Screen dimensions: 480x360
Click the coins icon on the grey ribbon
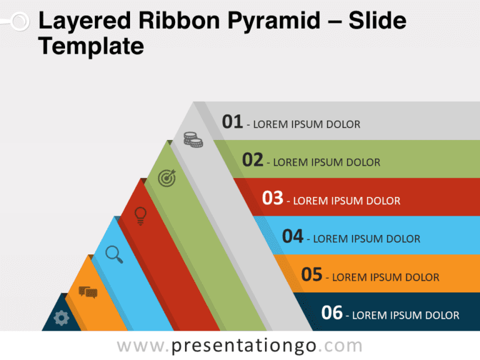click(x=193, y=139)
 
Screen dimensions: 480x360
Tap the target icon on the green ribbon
click(x=167, y=178)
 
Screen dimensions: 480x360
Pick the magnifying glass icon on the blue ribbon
click(x=114, y=254)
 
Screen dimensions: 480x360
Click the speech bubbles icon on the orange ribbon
click(x=88, y=292)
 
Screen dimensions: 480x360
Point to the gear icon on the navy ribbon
click(x=61, y=318)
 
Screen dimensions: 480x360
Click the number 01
click(x=232, y=121)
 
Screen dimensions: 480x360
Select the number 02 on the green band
click(x=252, y=160)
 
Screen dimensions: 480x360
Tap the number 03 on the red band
click(x=272, y=197)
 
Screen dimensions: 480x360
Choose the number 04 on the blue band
click(x=292, y=236)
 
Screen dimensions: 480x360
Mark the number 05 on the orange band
click(x=312, y=274)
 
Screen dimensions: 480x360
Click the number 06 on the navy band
click(x=332, y=312)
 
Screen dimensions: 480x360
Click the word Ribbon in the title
click(x=179, y=21)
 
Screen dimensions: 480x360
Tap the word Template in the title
click(x=91, y=46)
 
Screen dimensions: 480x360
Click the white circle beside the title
click(x=20, y=21)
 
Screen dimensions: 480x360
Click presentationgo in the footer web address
click(x=244, y=346)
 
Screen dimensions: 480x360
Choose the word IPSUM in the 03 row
click(x=347, y=201)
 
